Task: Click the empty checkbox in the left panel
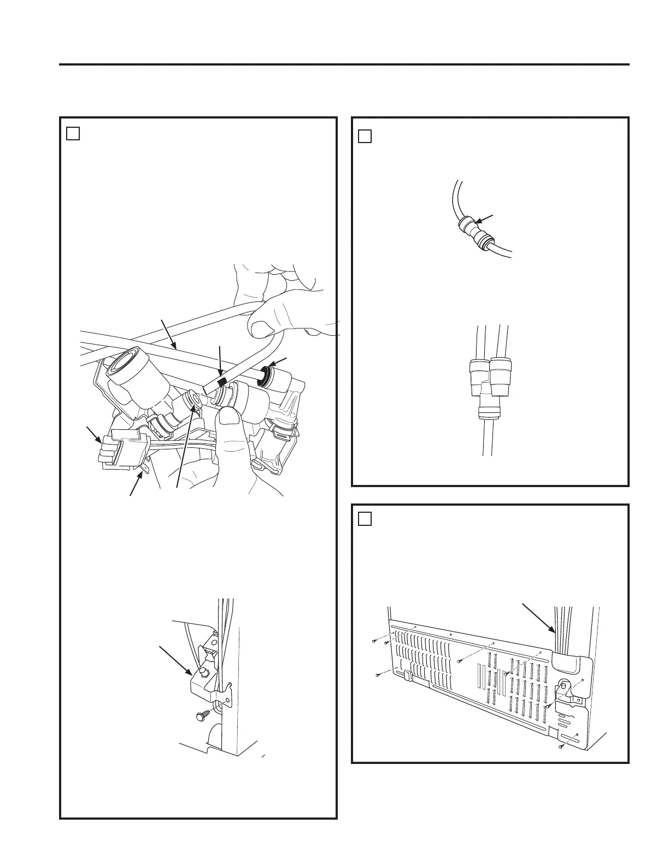coord(73,133)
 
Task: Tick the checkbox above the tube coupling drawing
coord(365,136)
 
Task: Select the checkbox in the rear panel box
coord(365,518)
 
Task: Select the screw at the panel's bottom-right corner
coord(561,746)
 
